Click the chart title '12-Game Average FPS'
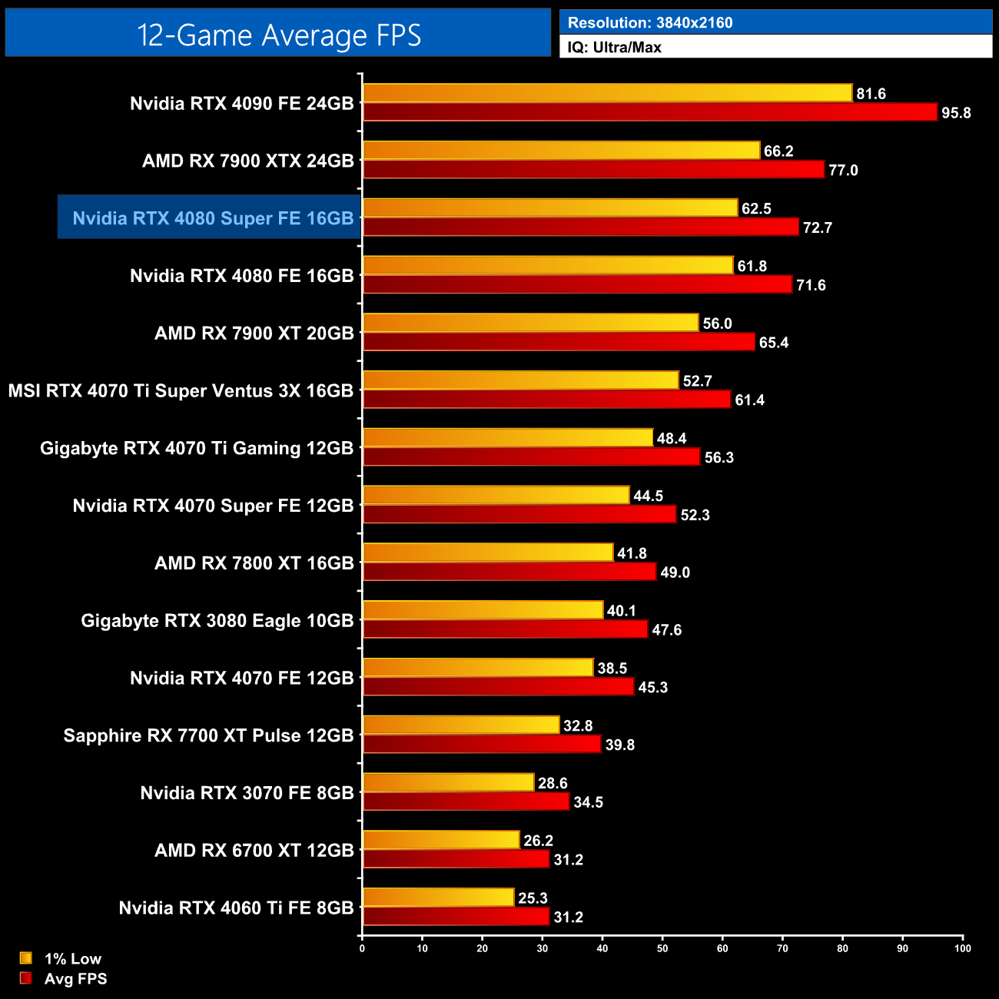click(x=278, y=35)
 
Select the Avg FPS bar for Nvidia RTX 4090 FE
click(x=650, y=112)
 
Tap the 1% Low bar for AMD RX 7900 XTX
click(x=561, y=151)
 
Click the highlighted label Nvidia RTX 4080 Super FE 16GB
click(x=213, y=218)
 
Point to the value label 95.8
click(x=956, y=113)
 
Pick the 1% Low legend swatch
click(x=26, y=958)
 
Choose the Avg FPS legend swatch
click(x=26, y=978)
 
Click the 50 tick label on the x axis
click(x=662, y=948)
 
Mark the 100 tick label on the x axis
click(x=962, y=948)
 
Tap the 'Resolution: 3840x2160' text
click(x=650, y=23)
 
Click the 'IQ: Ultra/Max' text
click(x=614, y=48)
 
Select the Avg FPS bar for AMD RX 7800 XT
click(x=509, y=572)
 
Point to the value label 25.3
click(x=533, y=898)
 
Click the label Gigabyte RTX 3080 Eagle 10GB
click(x=217, y=621)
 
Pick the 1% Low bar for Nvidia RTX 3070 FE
click(x=448, y=782)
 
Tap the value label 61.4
click(x=749, y=400)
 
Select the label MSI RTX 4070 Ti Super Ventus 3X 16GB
click(x=181, y=391)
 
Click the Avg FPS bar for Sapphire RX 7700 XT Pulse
click(x=482, y=744)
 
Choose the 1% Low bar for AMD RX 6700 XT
click(x=441, y=840)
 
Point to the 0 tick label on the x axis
click(x=362, y=948)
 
